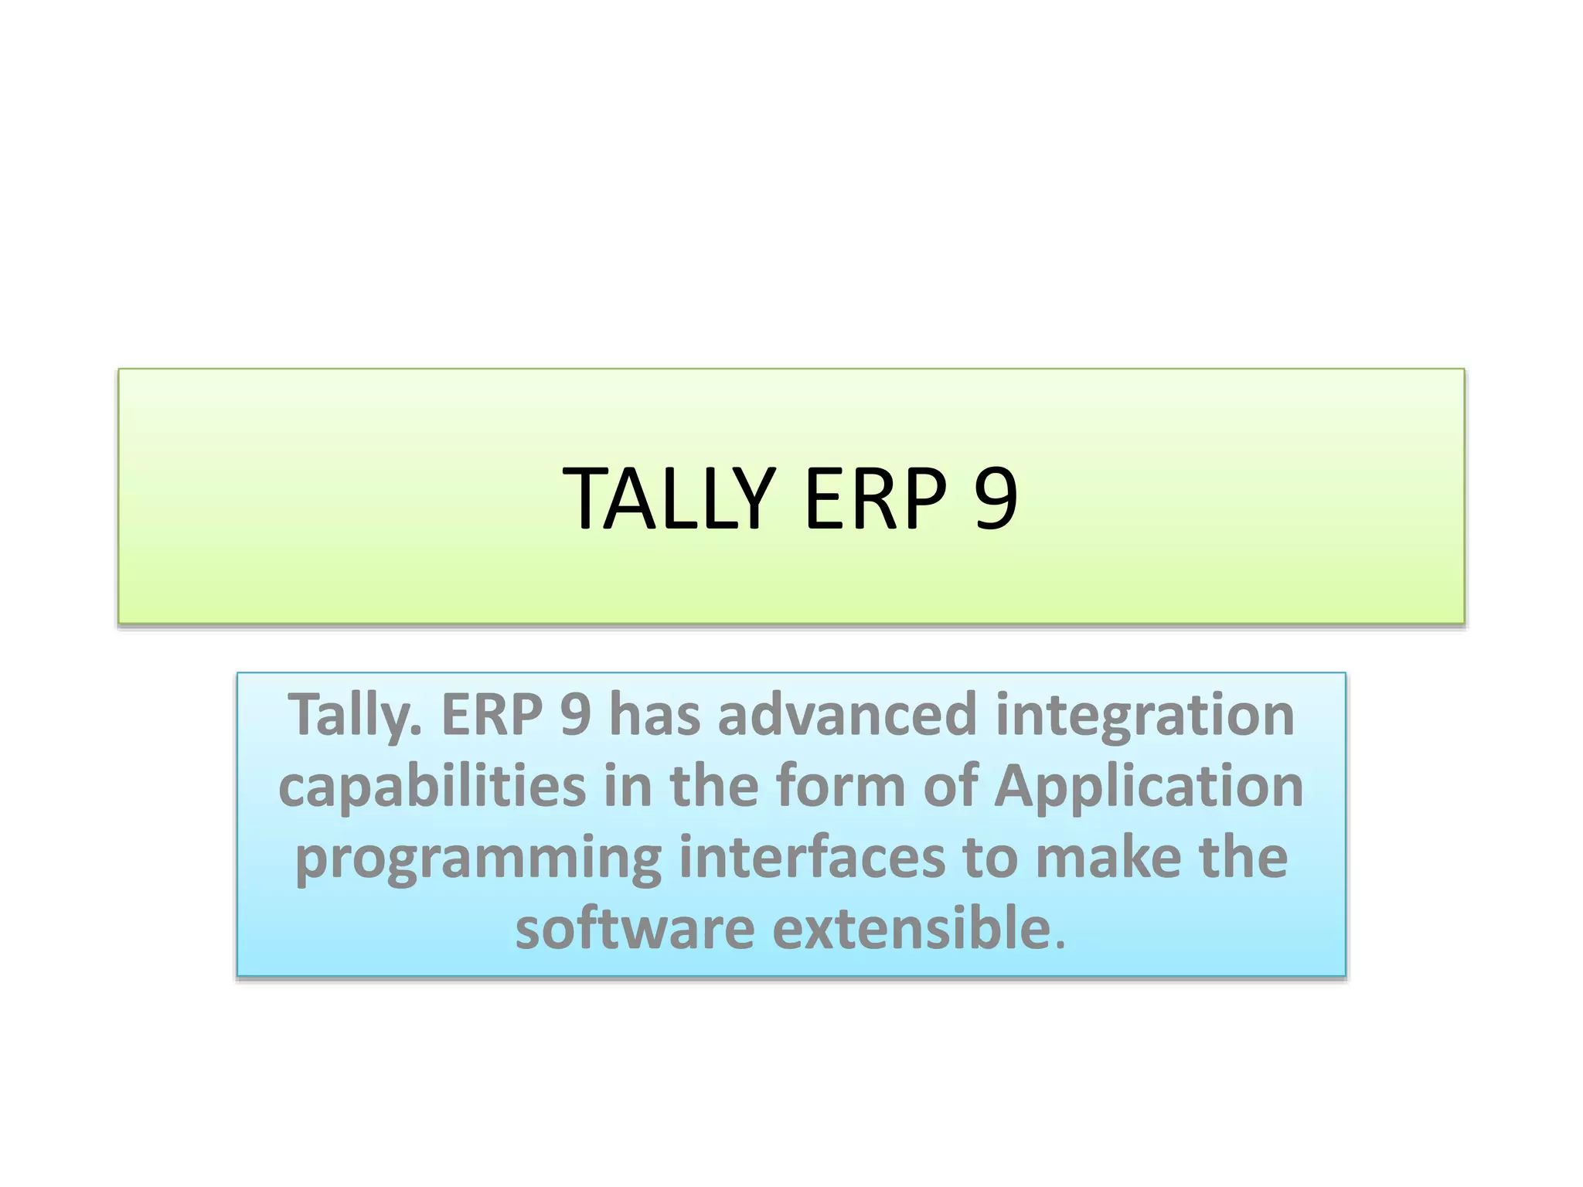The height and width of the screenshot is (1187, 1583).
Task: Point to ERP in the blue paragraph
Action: click(492, 716)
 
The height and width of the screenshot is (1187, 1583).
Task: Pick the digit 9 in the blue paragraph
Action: click(576, 716)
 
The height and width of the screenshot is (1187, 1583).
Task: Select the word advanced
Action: click(847, 716)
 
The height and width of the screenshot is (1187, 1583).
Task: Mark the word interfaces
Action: click(812, 858)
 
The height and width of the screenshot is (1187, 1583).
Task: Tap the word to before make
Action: click(990, 858)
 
